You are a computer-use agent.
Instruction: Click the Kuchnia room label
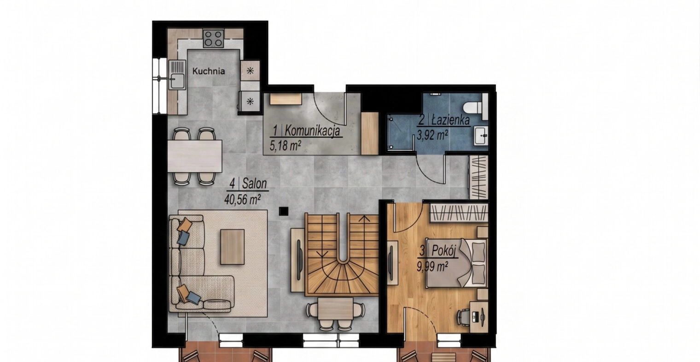tap(209, 71)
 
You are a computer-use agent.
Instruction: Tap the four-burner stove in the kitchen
tap(213, 38)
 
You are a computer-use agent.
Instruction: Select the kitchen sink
tap(177, 75)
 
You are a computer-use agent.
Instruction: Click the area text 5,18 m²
tap(286, 145)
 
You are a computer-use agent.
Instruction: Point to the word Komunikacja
tap(312, 131)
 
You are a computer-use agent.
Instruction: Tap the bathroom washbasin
tap(481, 136)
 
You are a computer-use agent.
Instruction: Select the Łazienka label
tap(451, 120)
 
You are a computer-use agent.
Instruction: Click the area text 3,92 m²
tap(432, 135)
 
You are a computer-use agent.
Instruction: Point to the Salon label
tap(254, 184)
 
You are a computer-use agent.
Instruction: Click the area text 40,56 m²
tap(243, 199)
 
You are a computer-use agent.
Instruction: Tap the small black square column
tap(283, 212)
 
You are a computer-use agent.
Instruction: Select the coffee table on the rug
tap(232, 247)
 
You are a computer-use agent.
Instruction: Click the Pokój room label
tap(444, 250)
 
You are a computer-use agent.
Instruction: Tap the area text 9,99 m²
tap(432, 267)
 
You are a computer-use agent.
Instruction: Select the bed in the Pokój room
tap(457, 263)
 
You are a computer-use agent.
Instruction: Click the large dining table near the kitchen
tap(195, 156)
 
